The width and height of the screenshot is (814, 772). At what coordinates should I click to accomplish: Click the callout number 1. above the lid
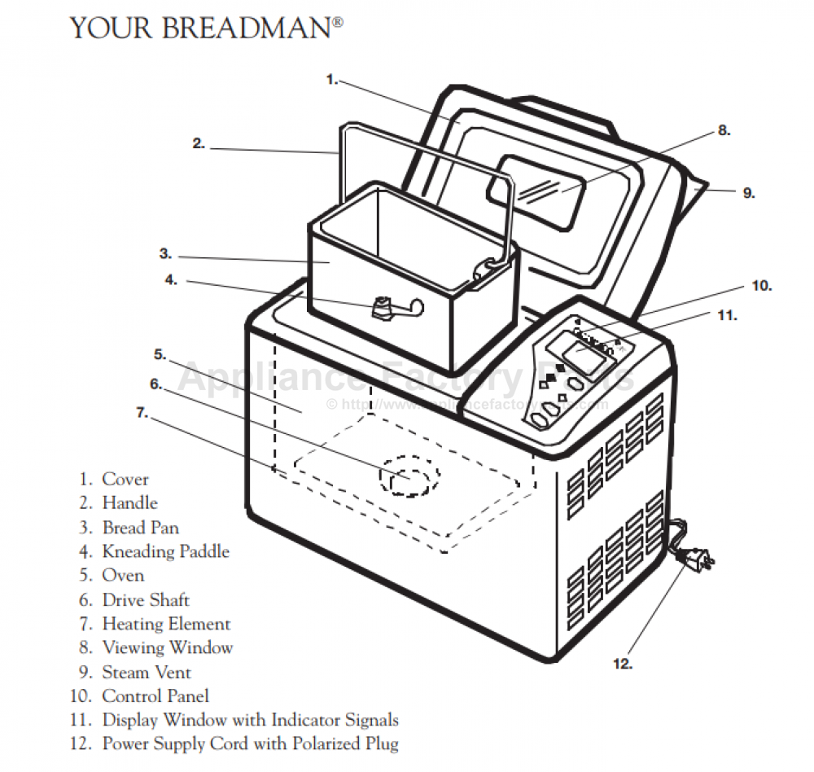tap(331, 80)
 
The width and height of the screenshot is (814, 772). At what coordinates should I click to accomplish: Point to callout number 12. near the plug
tap(623, 664)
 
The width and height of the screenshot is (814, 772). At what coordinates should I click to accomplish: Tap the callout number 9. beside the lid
tap(748, 194)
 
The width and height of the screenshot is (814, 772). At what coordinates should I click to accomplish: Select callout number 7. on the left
tap(142, 413)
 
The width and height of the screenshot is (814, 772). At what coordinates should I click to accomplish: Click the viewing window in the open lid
tap(542, 189)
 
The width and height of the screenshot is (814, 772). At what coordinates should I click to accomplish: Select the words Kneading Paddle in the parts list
tap(166, 552)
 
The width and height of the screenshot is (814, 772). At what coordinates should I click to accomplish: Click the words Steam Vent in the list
tap(147, 673)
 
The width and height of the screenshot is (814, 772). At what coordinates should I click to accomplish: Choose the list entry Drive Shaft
tap(146, 600)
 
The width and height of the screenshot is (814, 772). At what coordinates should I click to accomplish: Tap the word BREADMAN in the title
tap(247, 29)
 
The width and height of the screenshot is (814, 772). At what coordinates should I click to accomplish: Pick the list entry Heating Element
tap(166, 625)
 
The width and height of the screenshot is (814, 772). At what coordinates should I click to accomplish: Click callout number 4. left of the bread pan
tap(170, 279)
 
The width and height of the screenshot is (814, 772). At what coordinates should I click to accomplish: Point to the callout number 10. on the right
tap(761, 286)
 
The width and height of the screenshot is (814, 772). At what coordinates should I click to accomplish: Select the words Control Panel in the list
tap(155, 696)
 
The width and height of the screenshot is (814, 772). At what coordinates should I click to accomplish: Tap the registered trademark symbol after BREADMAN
tap(337, 23)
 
